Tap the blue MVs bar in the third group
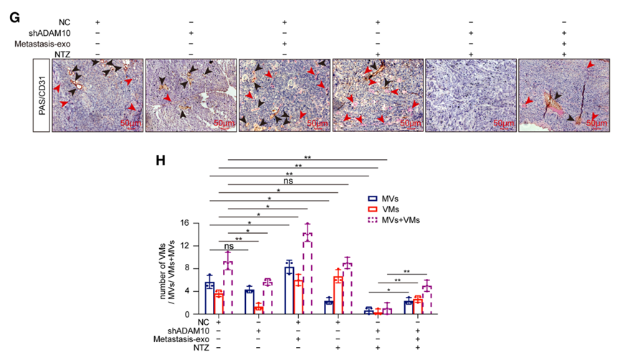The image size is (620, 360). pyautogui.click(x=290, y=290)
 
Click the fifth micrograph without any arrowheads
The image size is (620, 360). pyautogui.click(x=470, y=95)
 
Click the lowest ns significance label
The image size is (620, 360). pyautogui.click(x=229, y=245)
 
